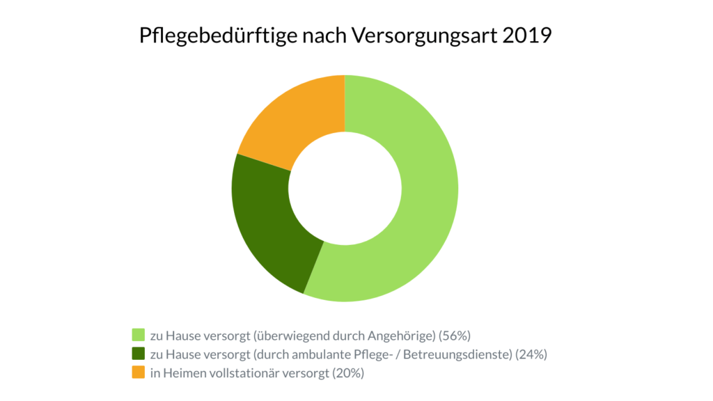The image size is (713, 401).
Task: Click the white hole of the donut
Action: click(x=345, y=188)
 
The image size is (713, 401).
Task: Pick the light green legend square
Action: click(x=138, y=335)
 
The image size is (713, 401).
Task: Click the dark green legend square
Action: click(x=138, y=354)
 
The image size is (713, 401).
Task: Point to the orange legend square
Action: click(x=138, y=373)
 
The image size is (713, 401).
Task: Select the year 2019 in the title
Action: click(x=526, y=35)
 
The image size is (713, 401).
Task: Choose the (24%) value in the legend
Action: click(x=531, y=354)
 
